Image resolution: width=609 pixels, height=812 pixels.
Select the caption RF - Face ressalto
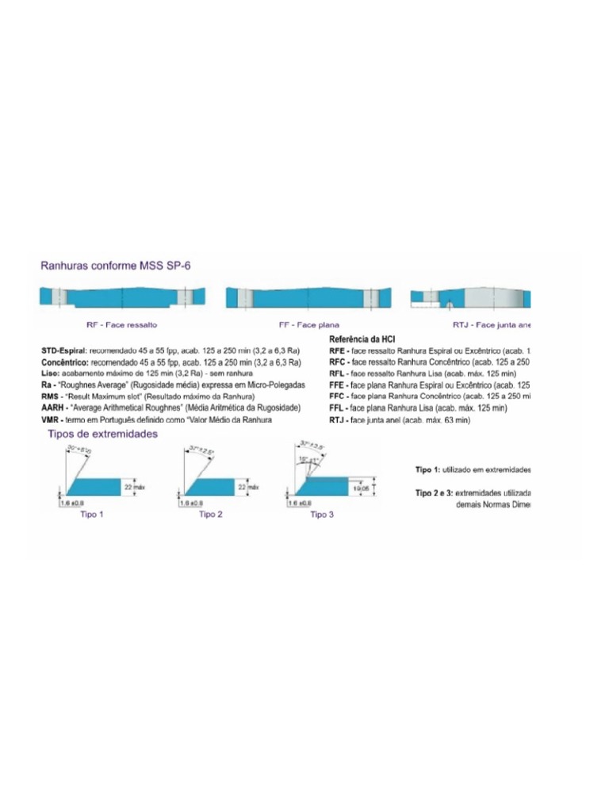121,325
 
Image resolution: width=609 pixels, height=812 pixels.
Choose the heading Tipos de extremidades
103,435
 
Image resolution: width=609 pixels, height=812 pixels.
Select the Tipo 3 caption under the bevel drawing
322,515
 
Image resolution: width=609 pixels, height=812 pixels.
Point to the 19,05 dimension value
360,489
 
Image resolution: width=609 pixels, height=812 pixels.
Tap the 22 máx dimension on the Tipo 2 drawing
247,488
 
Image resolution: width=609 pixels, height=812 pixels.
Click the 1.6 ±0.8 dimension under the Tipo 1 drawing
73,504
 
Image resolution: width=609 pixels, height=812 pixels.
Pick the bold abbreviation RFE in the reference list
338,350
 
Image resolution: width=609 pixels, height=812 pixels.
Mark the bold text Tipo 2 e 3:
435,493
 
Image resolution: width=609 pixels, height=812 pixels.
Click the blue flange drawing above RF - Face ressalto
123,298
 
